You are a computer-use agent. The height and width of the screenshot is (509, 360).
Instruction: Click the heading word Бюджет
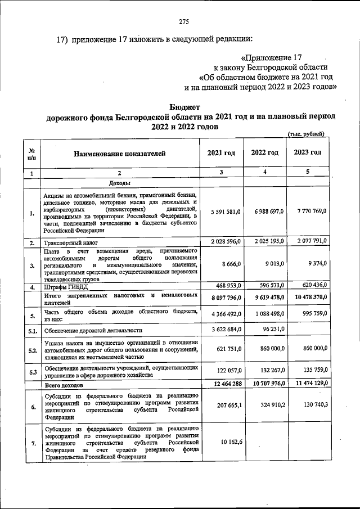click(184, 107)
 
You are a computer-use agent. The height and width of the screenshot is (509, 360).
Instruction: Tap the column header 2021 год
click(221, 153)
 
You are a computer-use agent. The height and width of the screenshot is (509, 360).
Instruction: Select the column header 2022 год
click(264, 153)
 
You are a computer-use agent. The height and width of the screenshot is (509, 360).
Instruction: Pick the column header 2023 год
click(308, 152)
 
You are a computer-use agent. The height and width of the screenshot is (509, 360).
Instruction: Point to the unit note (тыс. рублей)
click(305, 134)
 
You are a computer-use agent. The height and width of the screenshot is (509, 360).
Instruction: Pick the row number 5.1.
click(32, 330)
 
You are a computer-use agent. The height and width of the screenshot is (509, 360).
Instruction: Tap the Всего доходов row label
click(64, 385)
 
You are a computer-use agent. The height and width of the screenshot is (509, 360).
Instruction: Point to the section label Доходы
click(120, 183)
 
